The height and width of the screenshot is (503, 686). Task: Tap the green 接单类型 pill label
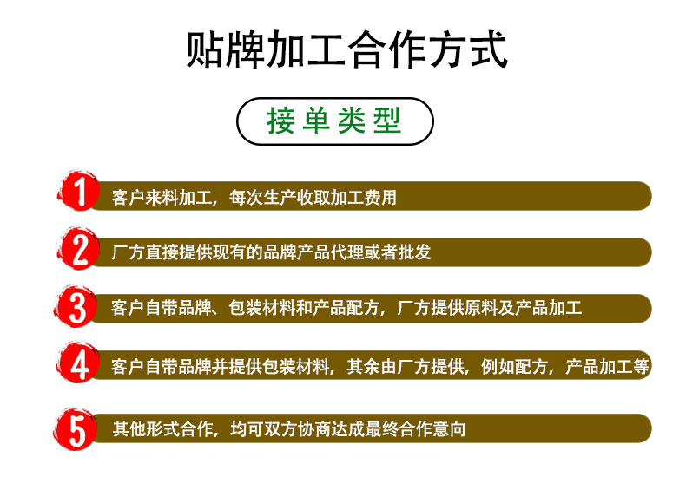click(x=334, y=121)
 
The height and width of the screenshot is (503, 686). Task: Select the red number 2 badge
click(x=80, y=251)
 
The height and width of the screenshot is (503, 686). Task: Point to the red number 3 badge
click(x=80, y=308)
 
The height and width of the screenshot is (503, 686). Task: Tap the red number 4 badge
click(x=80, y=365)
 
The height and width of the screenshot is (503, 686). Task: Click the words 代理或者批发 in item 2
click(x=388, y=253)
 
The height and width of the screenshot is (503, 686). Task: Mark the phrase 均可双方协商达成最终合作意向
click(x=348, y=429)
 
